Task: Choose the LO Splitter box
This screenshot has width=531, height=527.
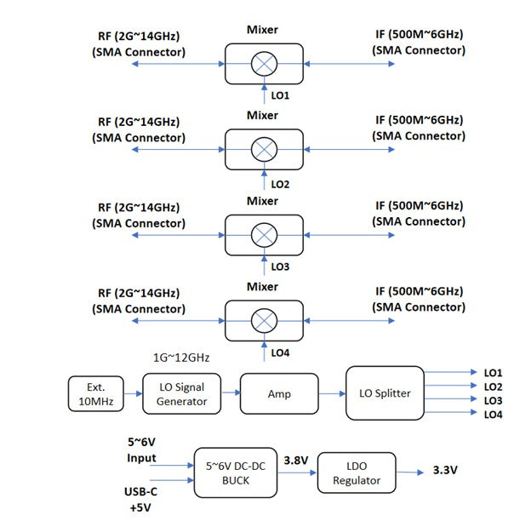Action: click(384, 392)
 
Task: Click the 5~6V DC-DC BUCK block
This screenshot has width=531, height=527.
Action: click(237, 473)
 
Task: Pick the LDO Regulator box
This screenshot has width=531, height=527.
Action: click(356, 473)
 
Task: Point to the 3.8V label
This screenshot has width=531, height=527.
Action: click(297, 461)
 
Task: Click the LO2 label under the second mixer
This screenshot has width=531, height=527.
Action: click(281, 183)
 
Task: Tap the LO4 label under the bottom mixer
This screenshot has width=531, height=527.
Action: click(281, 352)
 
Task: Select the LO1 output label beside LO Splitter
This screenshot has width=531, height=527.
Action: click(493, 373)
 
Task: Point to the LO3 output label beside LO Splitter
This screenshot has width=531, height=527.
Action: click(493, 400)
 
